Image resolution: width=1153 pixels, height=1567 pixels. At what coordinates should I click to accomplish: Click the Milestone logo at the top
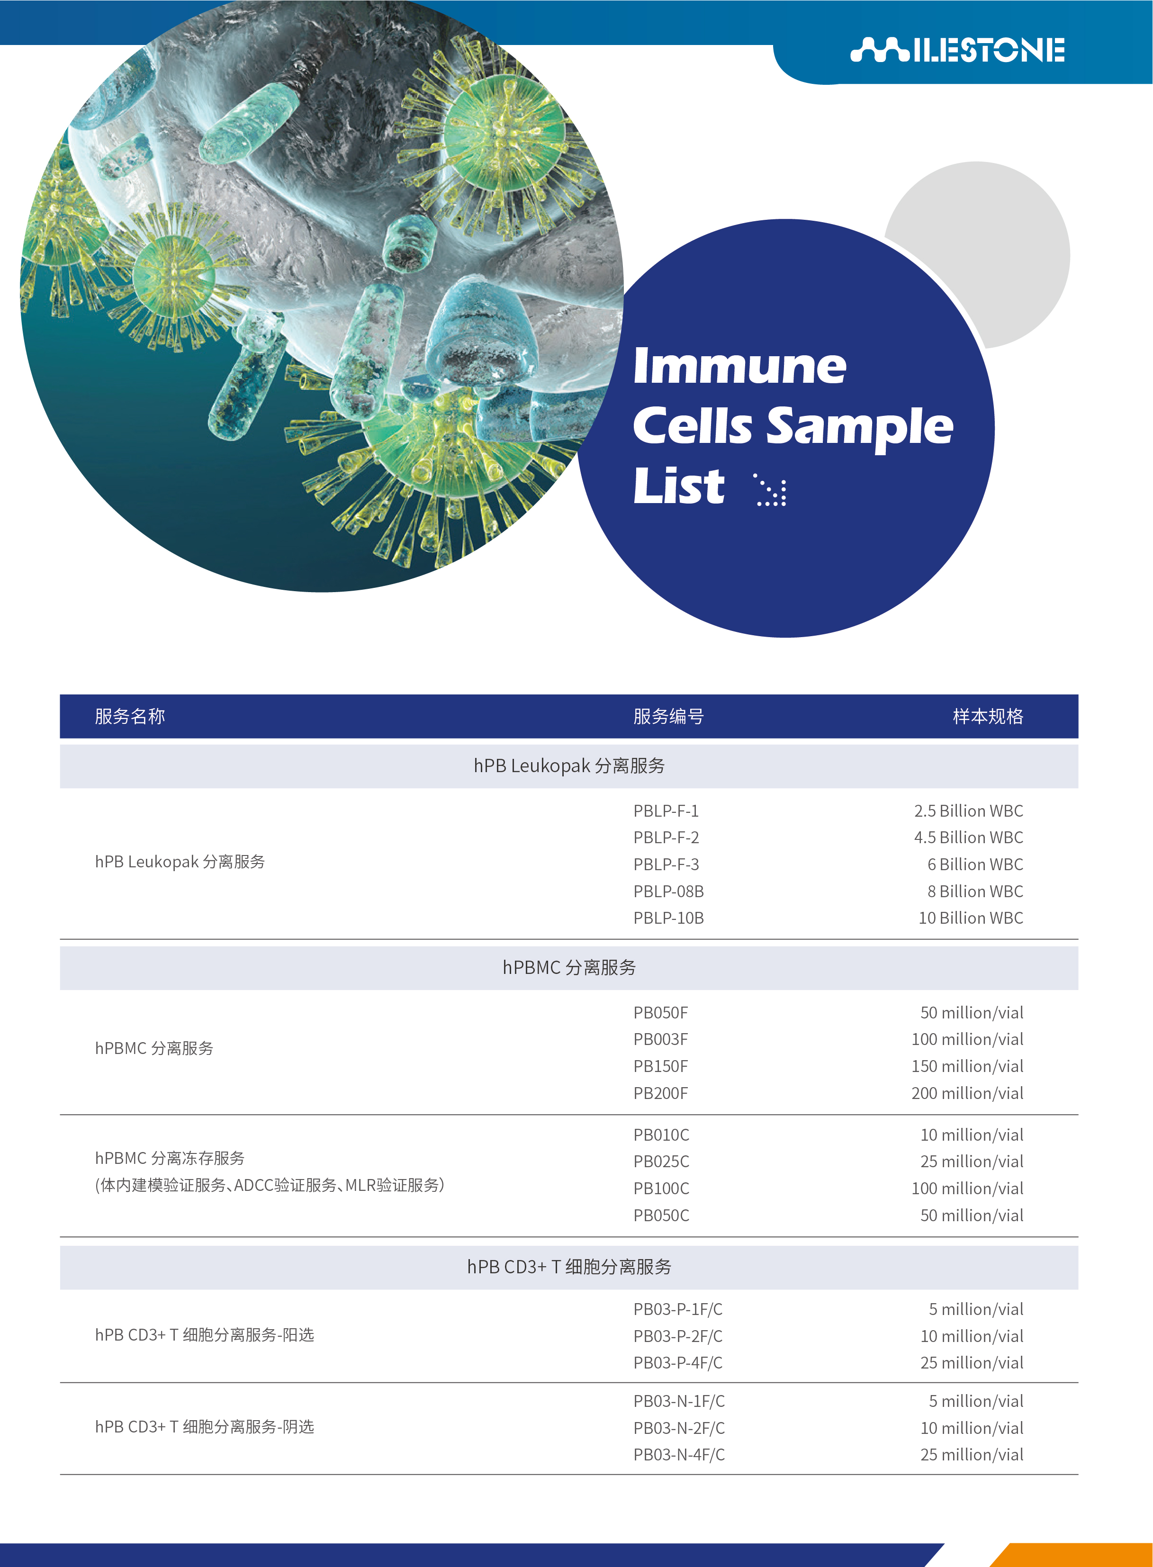[957, 50]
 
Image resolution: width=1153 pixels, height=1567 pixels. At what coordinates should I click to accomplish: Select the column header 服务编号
[668, 716]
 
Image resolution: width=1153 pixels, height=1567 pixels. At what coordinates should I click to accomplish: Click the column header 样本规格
[988, 716]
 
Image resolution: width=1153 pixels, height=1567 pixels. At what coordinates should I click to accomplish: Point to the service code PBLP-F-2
[666, 837]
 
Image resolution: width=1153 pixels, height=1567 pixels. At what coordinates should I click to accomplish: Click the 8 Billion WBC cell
[975, 892]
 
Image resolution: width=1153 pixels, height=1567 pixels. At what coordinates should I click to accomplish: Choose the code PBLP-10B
[668, 918]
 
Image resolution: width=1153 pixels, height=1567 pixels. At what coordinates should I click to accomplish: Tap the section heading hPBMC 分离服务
[569, 967]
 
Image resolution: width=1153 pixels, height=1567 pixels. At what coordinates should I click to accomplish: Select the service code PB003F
[660, 1039]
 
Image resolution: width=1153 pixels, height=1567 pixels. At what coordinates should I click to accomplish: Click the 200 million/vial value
[967, 1093]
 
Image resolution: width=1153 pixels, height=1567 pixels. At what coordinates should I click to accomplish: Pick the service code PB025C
[661, 1162]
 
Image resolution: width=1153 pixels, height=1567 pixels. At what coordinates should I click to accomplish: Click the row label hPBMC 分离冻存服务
[170, 1158]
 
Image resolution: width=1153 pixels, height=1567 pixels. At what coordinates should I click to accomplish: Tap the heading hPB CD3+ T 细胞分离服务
[569, 1267]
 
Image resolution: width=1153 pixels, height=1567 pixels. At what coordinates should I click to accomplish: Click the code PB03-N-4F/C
[679, 1455]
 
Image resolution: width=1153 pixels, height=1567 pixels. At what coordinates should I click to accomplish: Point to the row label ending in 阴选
[205, 1427]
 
